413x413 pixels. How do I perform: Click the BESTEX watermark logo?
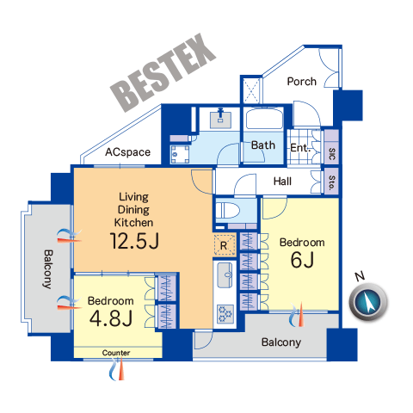pyautogui.click(x=163, y=73)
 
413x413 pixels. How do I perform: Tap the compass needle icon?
pyautogui.click(x=368, y=302)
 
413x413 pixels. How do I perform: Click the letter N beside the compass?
pyautogui.click(x=360, y=276)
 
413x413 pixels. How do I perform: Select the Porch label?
pyautogui.click(x=302, y=82)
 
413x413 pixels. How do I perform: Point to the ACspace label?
pyautogui.click(x=127, y=152)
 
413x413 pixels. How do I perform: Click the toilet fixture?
pyautogui.click(x=228, y=210)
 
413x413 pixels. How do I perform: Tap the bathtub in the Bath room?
pyautogui.click(x=264, y=119)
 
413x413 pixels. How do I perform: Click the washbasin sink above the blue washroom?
pyautogui.click(x=220, y=119)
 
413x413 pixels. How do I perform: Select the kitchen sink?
pyautogui.click(x=225, y=274)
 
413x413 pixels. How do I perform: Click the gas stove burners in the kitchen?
pyautogui.click(x=225, y=313)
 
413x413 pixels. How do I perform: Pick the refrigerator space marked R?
pyautogui.click(x=225, y=245)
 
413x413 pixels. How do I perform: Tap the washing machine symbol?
pyautogui.click(x=180, y=154)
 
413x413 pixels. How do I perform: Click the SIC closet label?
pyautogui.click(x=332, y=154)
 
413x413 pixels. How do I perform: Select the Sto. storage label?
pyautogui.click(x=332, y=182)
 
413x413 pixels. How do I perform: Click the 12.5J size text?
pyautogui.click(x=134, y=241)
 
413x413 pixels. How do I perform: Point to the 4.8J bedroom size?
pyautogui.click(x=111, y=318)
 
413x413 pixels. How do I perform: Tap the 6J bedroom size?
pyautogui.click(x=302, y=259)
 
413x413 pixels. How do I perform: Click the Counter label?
pyautogui.click(x=116, y=353)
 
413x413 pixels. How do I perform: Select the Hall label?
pyautogui.click(x=282, y=182)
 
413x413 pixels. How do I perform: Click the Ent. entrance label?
pyautogui.click(x=300, y=148)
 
